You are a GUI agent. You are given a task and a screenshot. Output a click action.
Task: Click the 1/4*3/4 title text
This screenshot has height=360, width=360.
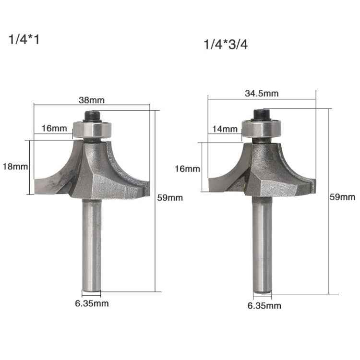[x=226, y=46]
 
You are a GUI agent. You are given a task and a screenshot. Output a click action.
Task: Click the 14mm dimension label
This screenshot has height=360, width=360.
[x=224, y=129]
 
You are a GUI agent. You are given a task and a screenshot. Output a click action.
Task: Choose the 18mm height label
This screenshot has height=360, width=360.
[x=15, y=167]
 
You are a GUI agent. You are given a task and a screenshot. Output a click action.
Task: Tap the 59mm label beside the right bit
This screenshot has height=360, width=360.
[x=342, y=197]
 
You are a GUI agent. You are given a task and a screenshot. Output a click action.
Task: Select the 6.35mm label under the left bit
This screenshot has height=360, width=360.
[x=92, y=303]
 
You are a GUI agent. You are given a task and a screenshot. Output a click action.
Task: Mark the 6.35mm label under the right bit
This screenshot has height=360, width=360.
[x=264, y=305]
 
